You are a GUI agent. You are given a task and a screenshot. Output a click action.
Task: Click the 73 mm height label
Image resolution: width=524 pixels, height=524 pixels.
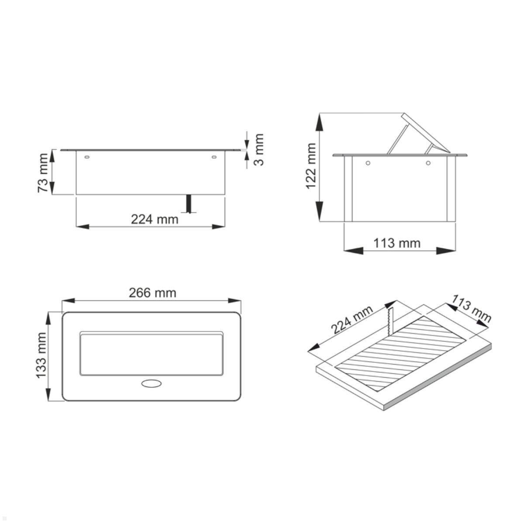(x=43, y=172)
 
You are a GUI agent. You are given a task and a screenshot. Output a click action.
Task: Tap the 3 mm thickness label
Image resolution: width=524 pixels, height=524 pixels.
(x=259, y=149)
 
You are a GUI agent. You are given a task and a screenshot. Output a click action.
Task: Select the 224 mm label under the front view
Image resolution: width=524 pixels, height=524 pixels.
(x=155, y=219)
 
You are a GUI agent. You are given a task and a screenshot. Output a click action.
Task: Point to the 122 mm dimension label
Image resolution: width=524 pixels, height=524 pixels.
(x=310, y=166)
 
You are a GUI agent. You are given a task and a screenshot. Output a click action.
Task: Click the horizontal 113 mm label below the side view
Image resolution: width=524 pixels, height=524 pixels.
(x=396, y=243)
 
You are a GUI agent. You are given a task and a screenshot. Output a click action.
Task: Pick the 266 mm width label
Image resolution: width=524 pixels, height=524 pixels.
(x=152, y=293)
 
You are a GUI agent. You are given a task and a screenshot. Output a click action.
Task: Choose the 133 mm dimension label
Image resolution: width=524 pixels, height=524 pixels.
(x=41, y=355)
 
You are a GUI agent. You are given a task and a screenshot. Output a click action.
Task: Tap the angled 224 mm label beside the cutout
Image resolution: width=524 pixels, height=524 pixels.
(x=352, y=320)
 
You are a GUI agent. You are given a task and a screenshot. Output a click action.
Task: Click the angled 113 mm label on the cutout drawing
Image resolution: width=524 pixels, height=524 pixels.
(x=472, y=309)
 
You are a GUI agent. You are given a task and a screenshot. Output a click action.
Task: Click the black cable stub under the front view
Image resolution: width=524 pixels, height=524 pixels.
(x=189, y=203)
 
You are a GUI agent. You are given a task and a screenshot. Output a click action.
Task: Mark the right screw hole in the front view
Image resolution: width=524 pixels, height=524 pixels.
(x=214, y=157)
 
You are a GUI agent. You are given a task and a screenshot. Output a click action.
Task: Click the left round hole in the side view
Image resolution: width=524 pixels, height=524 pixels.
(x=368, y=163)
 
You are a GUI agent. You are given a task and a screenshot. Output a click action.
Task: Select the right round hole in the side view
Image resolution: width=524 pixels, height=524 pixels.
(x=428, y=163)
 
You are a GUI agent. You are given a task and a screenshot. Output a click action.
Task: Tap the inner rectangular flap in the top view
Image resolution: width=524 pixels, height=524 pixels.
(x=151, y=353)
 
